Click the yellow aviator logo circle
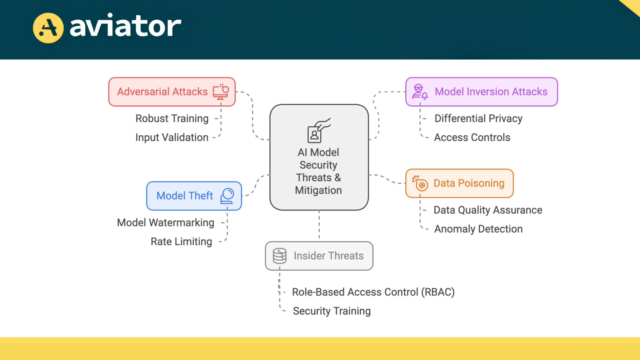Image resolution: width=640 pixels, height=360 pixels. tap(48, 28)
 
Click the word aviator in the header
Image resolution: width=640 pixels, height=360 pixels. tap(125, 26)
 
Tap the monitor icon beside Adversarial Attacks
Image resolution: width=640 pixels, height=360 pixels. tap(221, 92)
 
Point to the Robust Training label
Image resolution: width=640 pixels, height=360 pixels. tap(172, 119)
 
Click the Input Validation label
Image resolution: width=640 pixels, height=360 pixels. tap(172, 137)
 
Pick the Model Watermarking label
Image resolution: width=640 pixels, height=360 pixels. tap(166, 223)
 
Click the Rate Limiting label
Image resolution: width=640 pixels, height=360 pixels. tap(181, 242)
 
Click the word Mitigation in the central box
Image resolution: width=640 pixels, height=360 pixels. tap(318, 190)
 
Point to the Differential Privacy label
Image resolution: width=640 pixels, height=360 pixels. tap(478, 119)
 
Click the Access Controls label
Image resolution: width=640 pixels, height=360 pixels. tap(472, 137)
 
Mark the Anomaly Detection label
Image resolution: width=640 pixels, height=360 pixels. tap(478, 229)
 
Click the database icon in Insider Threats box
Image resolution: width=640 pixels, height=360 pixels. tap(280, 256)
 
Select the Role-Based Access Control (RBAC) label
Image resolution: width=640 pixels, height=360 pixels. tap(373, 292)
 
